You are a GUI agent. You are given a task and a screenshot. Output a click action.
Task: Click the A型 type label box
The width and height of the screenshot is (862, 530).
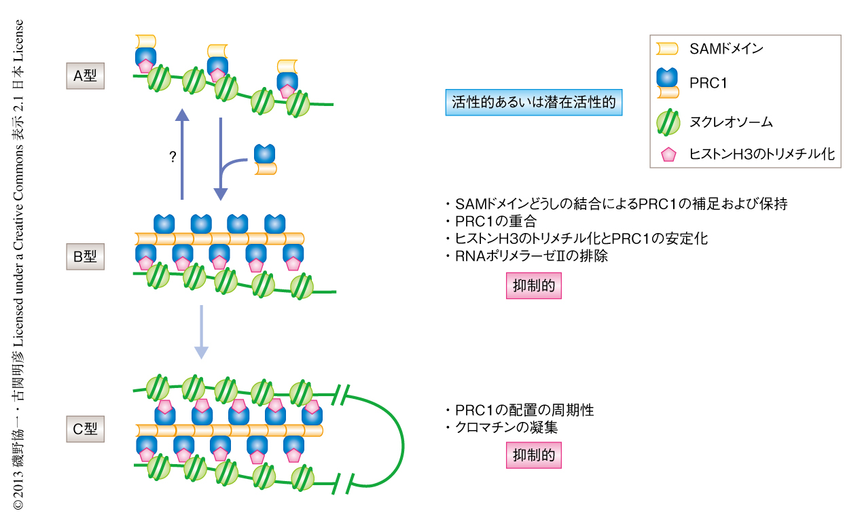click(x=86, y=76)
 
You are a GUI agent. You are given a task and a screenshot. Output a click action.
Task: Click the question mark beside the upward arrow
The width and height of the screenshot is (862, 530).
click(x=173, y=158)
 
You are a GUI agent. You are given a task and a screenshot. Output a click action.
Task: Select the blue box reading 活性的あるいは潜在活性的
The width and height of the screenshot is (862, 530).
click(x=533, y=102)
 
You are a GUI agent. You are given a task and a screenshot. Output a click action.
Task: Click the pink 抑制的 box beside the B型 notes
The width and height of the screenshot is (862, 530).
click(x=534, y=286)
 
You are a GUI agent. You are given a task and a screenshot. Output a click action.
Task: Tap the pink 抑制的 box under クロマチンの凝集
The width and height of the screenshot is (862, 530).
click(x=534, y=455)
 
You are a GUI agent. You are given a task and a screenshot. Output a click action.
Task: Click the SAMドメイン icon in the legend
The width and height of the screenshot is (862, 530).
click(x=667, y=48)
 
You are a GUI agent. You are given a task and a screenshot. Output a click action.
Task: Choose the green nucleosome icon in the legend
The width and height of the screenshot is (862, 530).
click(x=668, y=122)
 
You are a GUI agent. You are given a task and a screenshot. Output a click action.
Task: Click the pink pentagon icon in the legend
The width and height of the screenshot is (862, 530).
click(x=668, y=155)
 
